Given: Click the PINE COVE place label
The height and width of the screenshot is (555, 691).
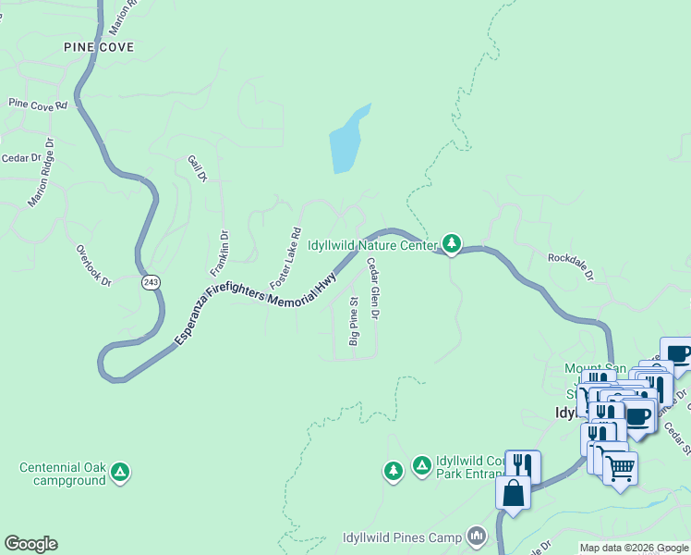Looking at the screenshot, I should (99, 47).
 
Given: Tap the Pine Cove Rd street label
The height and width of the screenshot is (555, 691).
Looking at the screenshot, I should (38, 105).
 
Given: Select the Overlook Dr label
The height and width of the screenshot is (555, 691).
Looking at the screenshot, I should (94, 265).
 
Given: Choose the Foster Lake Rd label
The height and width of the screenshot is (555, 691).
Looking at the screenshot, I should (285, 257).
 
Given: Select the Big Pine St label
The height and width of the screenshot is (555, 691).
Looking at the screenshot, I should (353, 322).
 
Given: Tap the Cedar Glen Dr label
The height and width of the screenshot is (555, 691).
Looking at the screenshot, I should (373, 290).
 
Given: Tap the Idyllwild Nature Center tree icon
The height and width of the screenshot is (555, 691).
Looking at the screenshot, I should (451, 243).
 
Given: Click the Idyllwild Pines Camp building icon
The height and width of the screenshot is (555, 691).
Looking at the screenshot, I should (477, 536).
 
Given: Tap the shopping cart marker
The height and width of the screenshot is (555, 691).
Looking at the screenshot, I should (620, 468).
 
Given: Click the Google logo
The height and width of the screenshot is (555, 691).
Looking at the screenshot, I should (30, 544).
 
